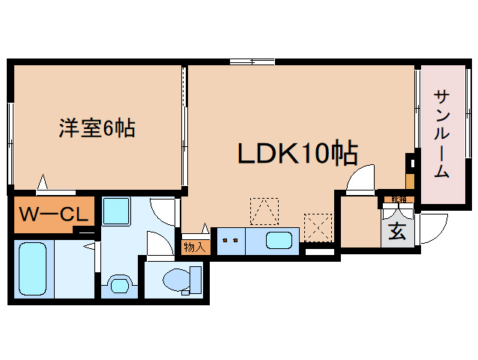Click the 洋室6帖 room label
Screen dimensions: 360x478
point(97,128)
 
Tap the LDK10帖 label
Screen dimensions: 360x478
point(297,154)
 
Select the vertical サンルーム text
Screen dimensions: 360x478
point(442,134)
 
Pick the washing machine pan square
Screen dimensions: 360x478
point(117,211)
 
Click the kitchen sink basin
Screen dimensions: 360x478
point(279,241)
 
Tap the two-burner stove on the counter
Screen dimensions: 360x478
point(230,241)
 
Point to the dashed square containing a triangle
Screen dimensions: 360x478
point(264,211)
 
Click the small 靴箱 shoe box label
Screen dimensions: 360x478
point(397,199)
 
